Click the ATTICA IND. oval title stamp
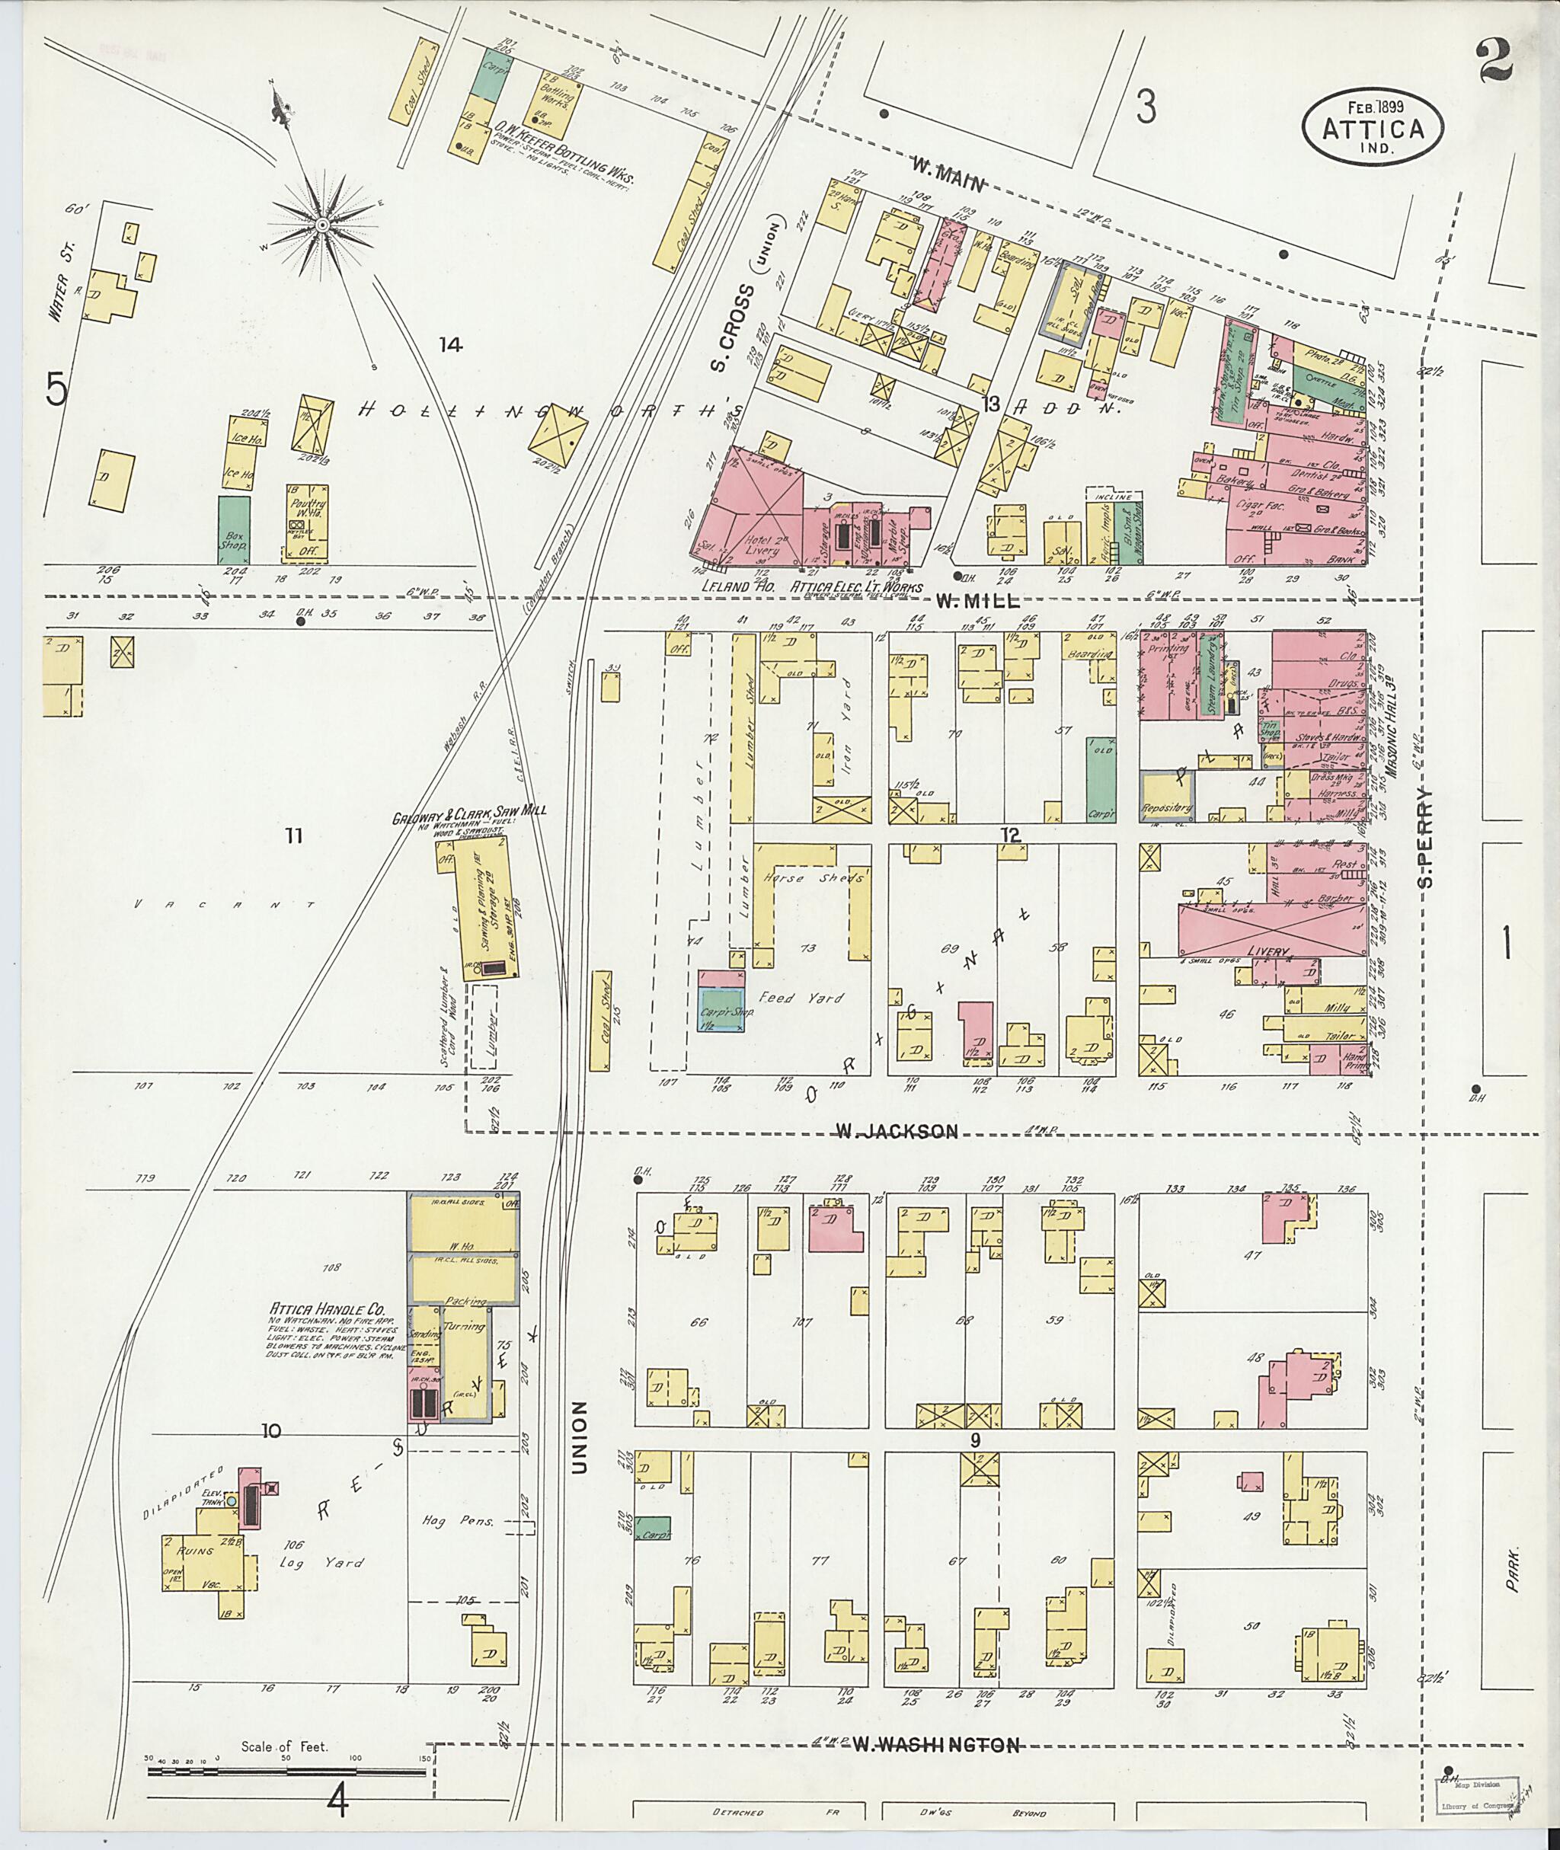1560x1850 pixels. (1372, 127)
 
